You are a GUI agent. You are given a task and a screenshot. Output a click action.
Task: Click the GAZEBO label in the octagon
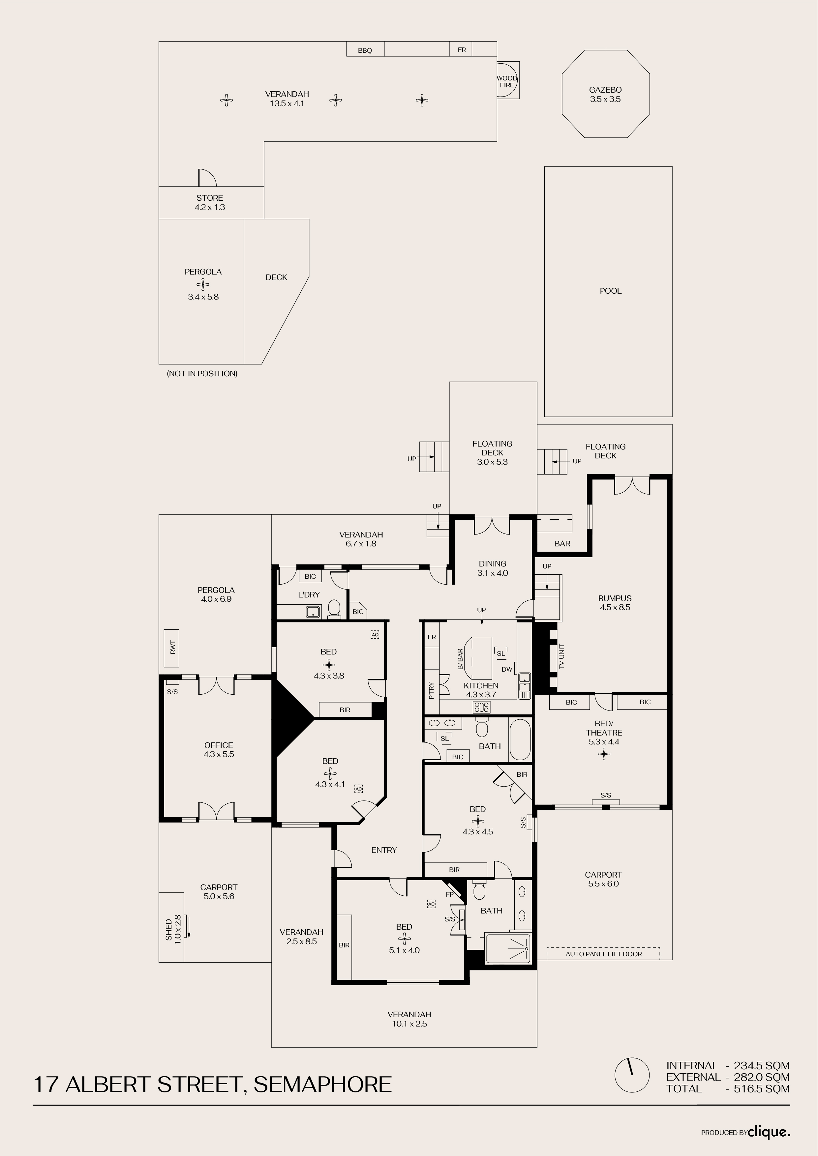(x=605, y=90)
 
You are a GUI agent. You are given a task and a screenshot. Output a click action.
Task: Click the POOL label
(x=611, y=291)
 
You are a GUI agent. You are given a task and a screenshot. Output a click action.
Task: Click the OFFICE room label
(x=219, y=745)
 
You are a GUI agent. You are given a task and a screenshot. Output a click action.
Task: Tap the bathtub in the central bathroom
(x=520, y=739)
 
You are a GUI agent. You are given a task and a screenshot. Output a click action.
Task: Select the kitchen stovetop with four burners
(x=481, y=707)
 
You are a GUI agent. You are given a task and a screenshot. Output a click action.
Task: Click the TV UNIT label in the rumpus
(x=561, y=656)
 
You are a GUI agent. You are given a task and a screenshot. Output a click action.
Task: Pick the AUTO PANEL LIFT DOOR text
(x=603, y=954)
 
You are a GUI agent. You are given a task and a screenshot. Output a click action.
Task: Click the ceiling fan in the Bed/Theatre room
(x=604, y=754)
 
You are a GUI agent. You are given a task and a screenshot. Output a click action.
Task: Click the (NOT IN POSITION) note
(x=202, y=374)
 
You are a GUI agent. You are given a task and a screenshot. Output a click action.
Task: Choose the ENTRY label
(x=384, y=850)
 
